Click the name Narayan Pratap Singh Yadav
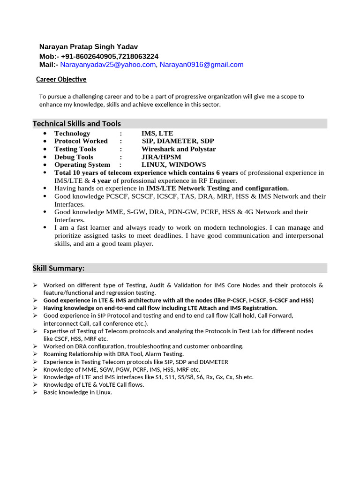coord(89,46)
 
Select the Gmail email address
coord(202,65)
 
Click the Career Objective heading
coord(61,79)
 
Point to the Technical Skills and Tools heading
coord(76,124)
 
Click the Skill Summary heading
coord(59,268)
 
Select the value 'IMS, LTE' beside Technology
coord(157,133)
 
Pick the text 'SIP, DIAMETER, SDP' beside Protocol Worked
coord(178,141)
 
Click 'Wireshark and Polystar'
coord(179,149)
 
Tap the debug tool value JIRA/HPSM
coord(161,157)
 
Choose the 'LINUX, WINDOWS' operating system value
coord(173,165)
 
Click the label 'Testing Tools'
coord(75,149)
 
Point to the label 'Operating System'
coord(82,165)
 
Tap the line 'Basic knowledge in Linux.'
coord(78,392)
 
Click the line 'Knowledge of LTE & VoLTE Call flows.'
coord(94,385)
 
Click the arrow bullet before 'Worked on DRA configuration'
coord(35,346)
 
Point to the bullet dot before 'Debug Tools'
coord(45,157)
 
